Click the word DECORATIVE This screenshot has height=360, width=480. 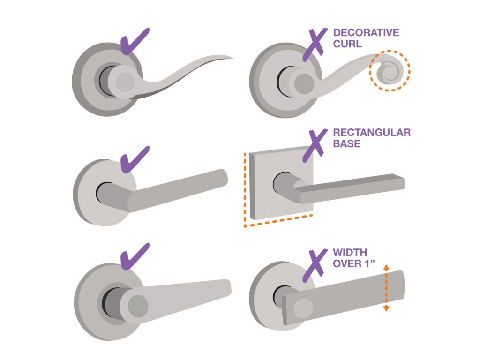(x=366, y=33)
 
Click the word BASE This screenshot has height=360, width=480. (x=346, y=144)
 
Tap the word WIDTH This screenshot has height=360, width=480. (x=348, y=253)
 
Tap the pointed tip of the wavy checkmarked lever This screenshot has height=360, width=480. (x=230, y=58)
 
